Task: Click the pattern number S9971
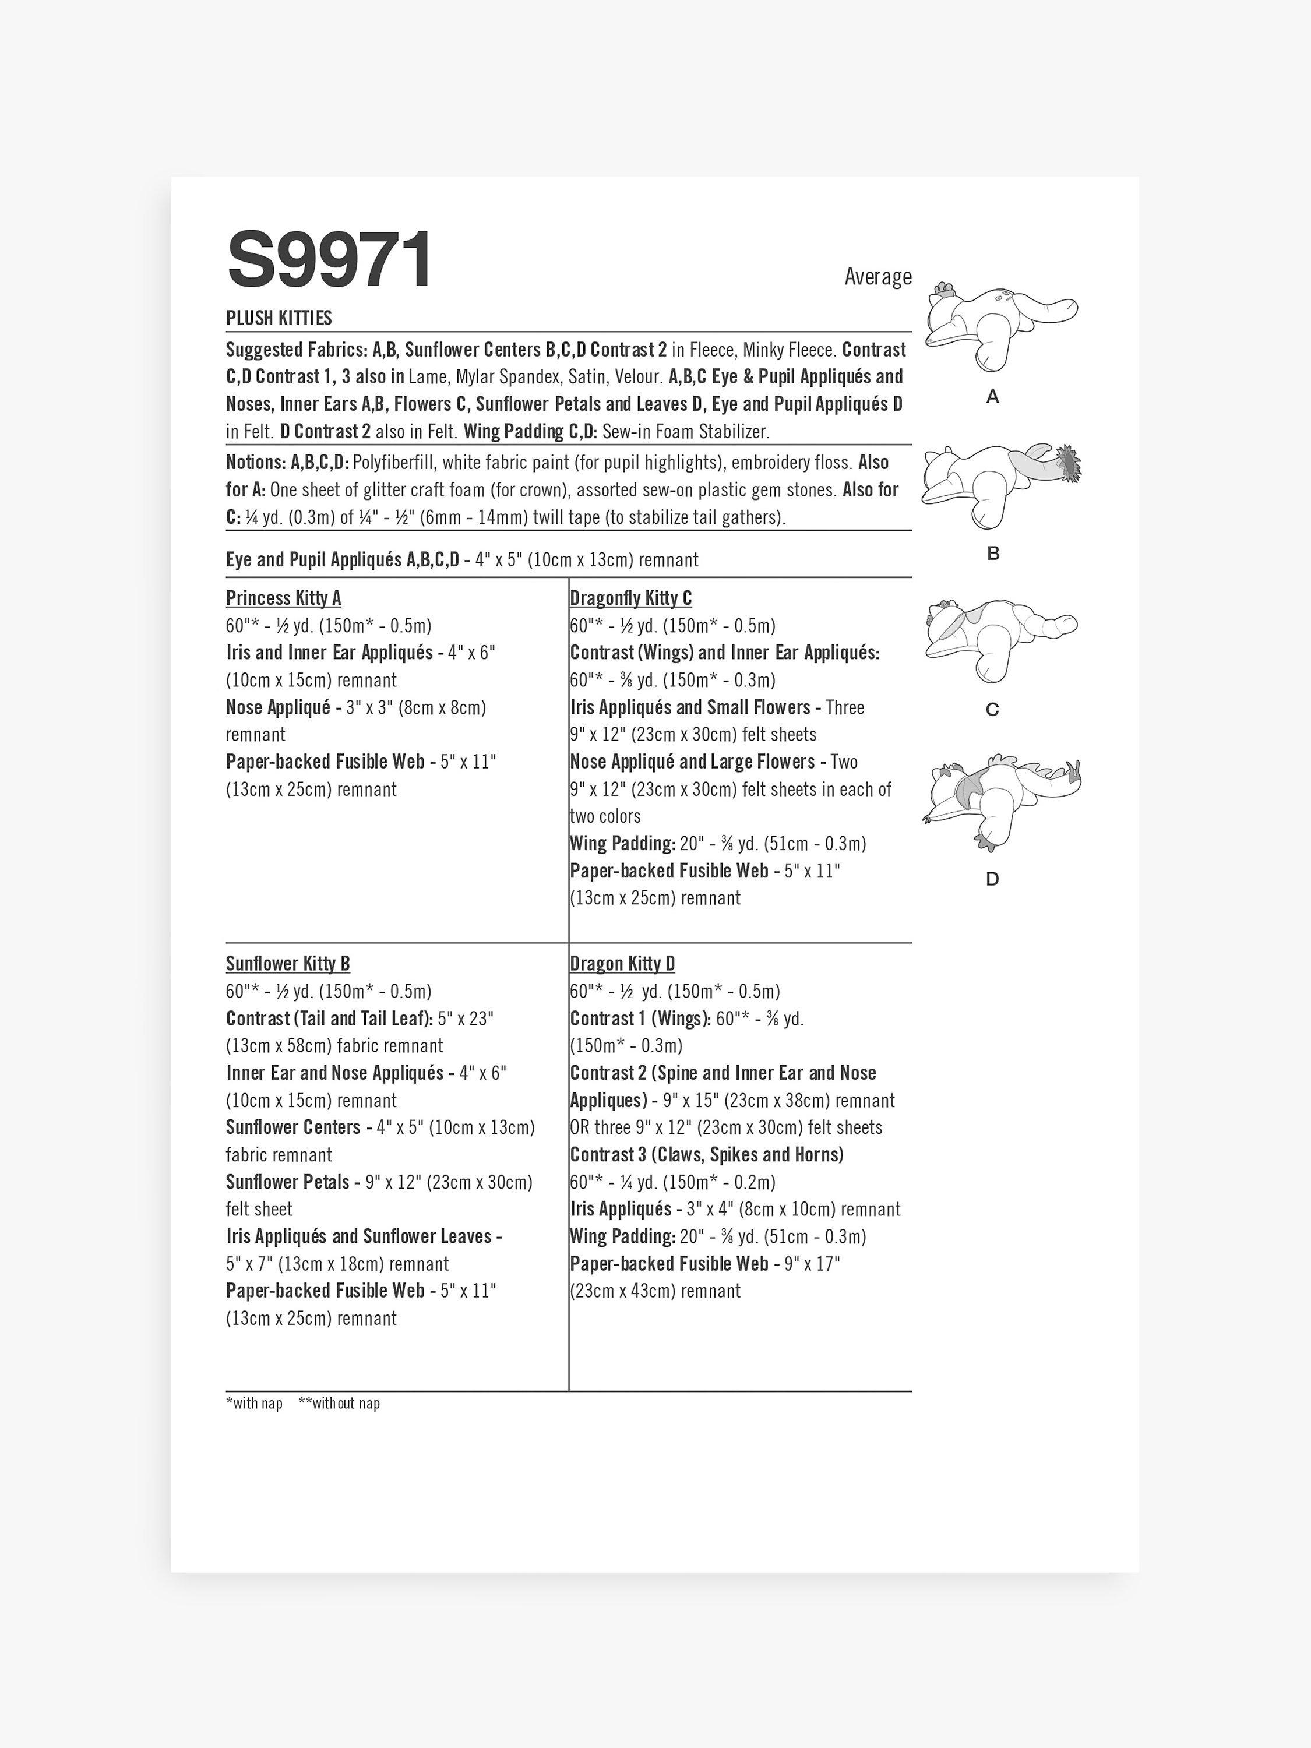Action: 330,259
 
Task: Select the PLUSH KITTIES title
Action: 279,318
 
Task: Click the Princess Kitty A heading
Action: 283,598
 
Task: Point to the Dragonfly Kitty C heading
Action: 630,598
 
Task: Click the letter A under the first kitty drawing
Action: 992,397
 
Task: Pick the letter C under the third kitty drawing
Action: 992,710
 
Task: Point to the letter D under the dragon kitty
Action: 992,879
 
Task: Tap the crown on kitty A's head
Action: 943,290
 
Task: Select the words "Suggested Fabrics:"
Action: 297,349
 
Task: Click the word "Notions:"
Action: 255,462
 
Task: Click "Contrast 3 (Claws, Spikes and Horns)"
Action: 706,1154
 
